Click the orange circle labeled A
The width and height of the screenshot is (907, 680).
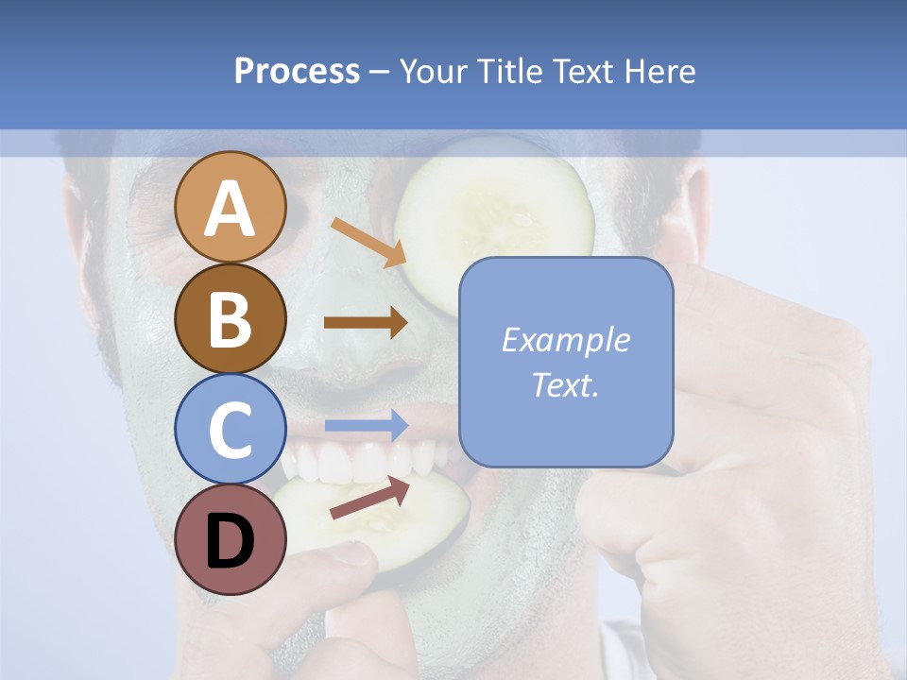[x=230, y=207]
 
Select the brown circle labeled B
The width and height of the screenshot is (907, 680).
[x=230, y=318]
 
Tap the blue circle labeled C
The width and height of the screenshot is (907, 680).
[x=230, y=429]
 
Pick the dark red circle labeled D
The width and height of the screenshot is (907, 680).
[x=230, y=539]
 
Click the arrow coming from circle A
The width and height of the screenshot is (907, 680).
[x=368, y=242]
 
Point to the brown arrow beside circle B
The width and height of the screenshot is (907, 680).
[x=366, y=323]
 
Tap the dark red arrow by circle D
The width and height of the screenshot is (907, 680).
[x=370, y=498]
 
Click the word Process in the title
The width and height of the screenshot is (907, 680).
[x=297, y=71]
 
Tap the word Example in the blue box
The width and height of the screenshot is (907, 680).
[x=565, y=340]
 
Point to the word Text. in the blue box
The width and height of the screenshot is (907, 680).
[x=565, y=384]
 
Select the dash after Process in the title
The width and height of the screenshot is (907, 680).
[x=380, y=72]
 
